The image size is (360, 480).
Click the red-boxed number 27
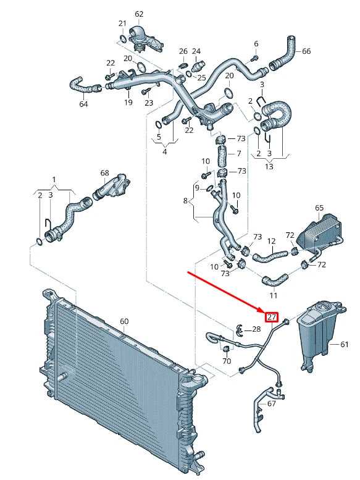[x=271, y=318]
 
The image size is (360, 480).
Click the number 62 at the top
[x=138, y=14]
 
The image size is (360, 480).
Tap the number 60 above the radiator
[x=124, y=321]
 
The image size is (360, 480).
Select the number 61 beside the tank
[x=345, y=343]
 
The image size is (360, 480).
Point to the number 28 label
[x=256, y=329]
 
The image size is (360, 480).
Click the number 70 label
[x=227, y=361]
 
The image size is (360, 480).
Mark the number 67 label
[x=271, y=403]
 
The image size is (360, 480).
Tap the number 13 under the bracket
[x=269, y=166]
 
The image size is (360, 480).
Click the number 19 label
[x=128, y=103]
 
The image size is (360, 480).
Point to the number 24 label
[x=196, y=51]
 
